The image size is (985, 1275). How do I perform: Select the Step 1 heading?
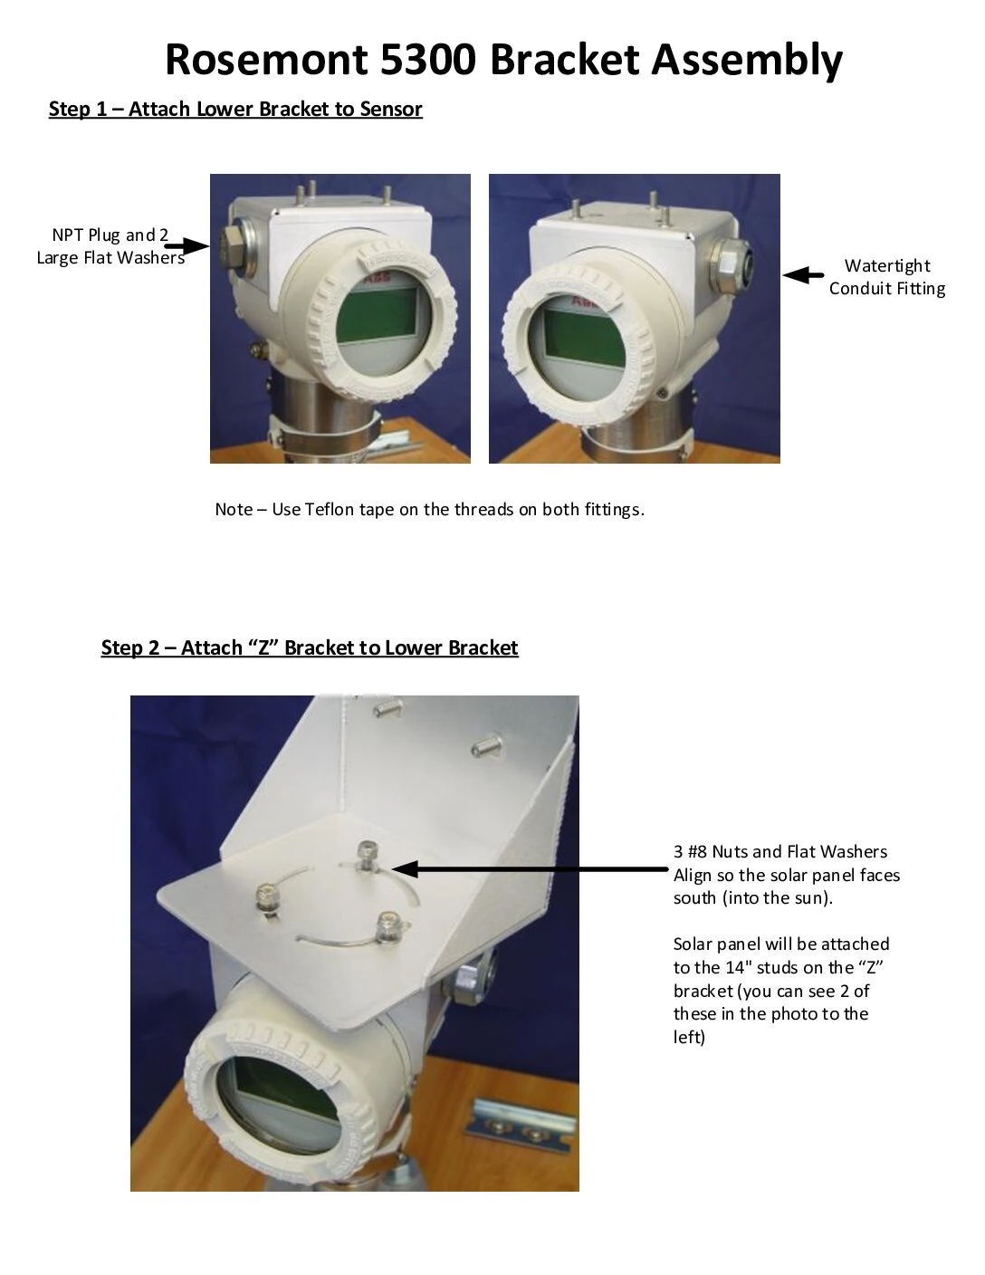(235, 110)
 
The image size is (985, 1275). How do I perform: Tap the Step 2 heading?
(310, 648)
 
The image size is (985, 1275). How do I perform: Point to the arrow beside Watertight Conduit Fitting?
(802, 275)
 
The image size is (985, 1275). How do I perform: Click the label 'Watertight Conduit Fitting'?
(886, 277)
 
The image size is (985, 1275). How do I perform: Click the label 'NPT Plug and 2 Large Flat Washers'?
(110, 246)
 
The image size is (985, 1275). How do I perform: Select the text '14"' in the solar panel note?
(739, 968)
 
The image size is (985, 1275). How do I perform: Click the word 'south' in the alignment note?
(695, 898)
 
